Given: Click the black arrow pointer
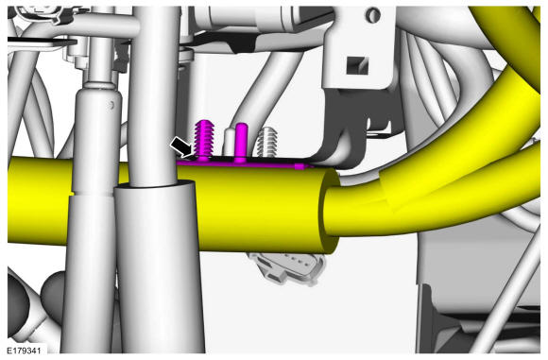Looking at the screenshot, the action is coord(181,146).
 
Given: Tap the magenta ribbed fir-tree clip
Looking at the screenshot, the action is coord(203,140).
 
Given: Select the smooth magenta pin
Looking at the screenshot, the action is coord(241,143).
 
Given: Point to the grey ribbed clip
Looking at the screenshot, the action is coord(267,142).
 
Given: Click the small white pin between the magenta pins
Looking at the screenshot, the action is coord(230,142).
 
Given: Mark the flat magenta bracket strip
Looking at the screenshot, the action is coord(245,163).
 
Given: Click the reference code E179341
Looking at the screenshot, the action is coord(25,350).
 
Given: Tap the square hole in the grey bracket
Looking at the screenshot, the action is coord(357,65).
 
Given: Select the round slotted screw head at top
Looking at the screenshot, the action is coord(373,15).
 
